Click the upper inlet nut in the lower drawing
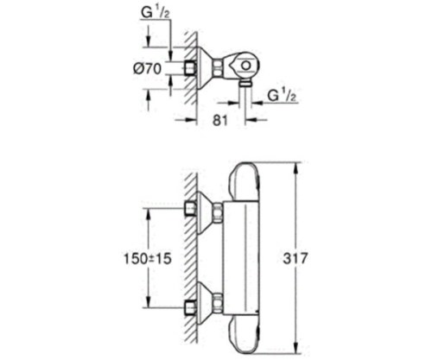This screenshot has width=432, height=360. [190, 207]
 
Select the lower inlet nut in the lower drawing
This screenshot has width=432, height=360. [190, 305]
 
